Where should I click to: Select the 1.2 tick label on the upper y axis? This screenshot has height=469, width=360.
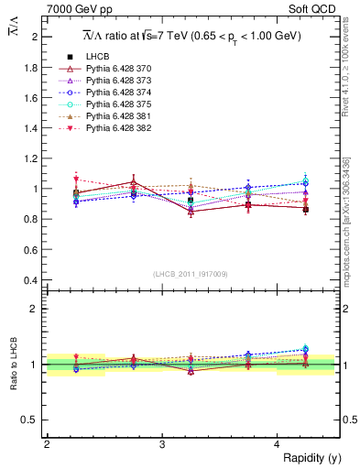click(33, 158)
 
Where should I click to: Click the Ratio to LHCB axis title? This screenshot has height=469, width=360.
click(12, 364)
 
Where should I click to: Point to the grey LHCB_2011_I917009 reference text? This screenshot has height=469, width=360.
click(191, 274)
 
